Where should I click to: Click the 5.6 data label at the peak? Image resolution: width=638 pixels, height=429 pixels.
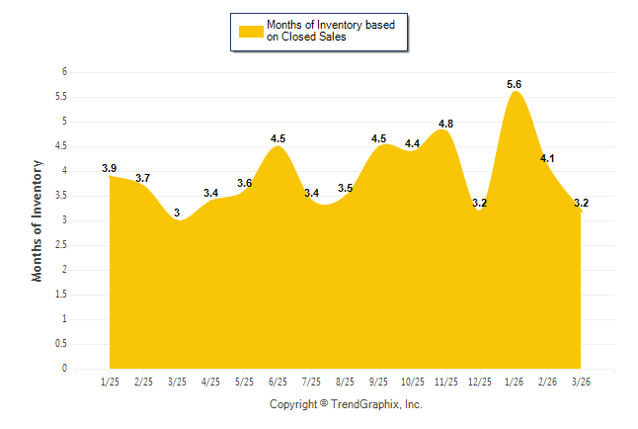pyautogui.click(x=515, y=85)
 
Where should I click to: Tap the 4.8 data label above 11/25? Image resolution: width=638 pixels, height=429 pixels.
pyautogui.click(x=445, y=124)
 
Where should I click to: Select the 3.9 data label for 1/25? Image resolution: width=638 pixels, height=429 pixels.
pyautogui.click(x=110, y=169)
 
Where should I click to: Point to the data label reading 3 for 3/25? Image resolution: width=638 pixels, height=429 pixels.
pyautogui.click(x=177, y=214)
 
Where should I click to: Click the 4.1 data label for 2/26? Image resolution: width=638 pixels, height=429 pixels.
pyautogui.click(x=547, y=158)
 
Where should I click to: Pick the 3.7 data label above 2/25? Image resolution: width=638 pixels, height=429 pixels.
pyautogui.click(x=143, y=179)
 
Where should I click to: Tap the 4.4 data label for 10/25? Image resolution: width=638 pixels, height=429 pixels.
pyautogui.click(x=412, y=144)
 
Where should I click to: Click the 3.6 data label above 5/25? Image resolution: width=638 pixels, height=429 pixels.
pyautogui.click(x=244, y=184)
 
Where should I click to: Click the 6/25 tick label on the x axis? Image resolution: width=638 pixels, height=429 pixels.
pyautogui.click(x=278, y=381)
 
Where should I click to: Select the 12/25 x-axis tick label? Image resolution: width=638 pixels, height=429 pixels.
pyautogui.click(x=479, y=381)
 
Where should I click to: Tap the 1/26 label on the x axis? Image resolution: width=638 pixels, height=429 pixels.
pyautogui.click(x=514, y=381)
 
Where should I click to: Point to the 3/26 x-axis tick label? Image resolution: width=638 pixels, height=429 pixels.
pyautogui.click(x=581, y=381)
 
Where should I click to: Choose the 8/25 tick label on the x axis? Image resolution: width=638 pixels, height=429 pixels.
pyautogui.click(x=345, y=381)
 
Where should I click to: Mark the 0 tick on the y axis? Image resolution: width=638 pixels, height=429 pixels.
pyautogui.click(x=63, y=369)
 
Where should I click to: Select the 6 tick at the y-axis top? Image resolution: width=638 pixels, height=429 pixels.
pyautogui.click(x=63, y=72)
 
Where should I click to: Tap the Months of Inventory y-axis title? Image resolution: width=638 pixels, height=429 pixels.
pyautogui.click(x=38, y=220)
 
